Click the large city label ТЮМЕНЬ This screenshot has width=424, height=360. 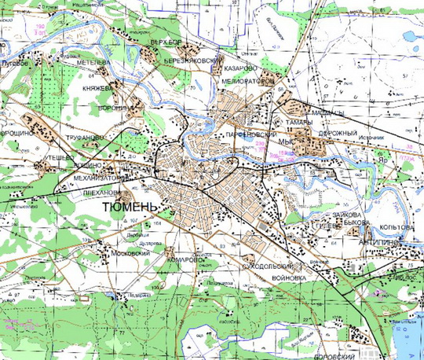click(130, 206)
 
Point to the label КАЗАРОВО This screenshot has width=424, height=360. click(240, 68)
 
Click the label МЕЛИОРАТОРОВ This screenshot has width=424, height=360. click(248, 79)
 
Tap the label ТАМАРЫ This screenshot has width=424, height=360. click(296, 123)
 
